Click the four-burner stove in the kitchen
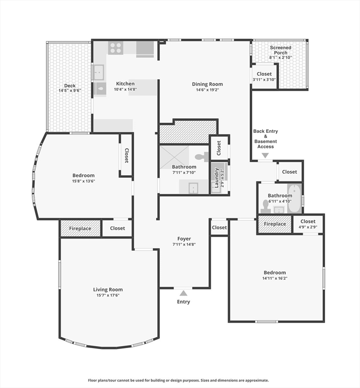[x=116, y=48]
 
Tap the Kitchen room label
[x=125, y=84]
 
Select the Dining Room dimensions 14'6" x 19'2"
[x=207, y=90]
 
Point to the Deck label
[x=70, y=86]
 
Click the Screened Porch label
[x=280, y=50]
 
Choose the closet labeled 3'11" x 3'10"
[x=264, y=77]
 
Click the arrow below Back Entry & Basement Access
[x=265, y=156]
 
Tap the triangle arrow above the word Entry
[x=184, y=293]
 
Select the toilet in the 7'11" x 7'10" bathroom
[x=202, y=157]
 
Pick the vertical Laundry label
[x=216, y=178]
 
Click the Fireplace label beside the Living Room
[x=80, y=228]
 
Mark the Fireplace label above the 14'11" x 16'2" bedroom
[x=275, y=224]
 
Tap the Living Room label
[x=108, y=289]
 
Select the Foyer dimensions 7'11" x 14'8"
[x=184, y=245]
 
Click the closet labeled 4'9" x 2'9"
[x=308, y=224]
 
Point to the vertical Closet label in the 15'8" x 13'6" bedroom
[x=126, y=155]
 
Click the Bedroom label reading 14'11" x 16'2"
[x=274, y=272]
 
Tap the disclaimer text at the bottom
[x=178, y=380]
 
